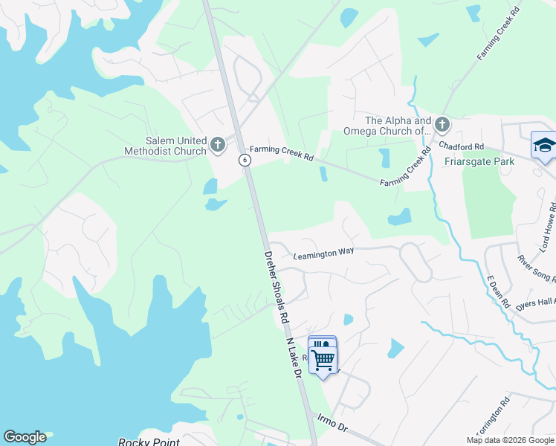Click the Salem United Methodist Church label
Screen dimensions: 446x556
click(165, 146)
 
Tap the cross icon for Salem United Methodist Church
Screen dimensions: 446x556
click(218, 144)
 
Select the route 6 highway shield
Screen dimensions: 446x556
click(244, 160)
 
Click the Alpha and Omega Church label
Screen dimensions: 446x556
click(398, 126)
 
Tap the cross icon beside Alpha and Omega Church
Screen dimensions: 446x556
click(442, 124)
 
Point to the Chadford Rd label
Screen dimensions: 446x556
click(462, 147)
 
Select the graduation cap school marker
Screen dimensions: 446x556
click(544, 145)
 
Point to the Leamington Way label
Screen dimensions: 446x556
click(323, 253)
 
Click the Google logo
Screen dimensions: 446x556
click(25, 437)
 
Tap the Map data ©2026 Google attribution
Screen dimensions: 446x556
click(509, 440)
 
